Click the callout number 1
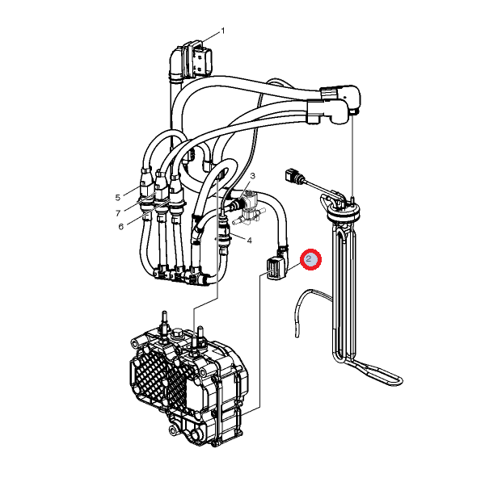click(x=222, y=31)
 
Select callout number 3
click(x=253, y=176)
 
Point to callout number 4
click(x=250, y=240)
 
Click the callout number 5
click(x=118, y=198)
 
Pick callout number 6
click(x=120, y=227)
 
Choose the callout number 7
click(x=118, y=213)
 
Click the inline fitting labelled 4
click(x=222, y=234)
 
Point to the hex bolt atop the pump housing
click(x=177, y=333)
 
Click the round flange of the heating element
click(x=343, y=212)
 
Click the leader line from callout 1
click(x=210, y=38)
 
